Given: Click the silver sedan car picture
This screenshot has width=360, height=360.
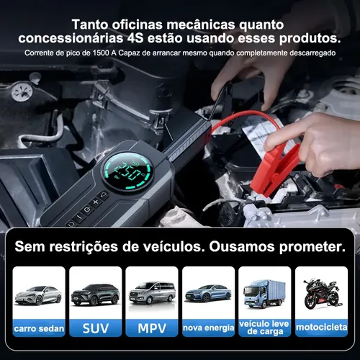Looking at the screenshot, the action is point(38,295).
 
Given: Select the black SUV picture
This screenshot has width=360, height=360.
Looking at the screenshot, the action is point(96,295).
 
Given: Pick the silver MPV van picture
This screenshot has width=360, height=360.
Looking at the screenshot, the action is point(152,293).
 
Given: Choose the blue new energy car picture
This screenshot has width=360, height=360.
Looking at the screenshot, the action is point(208,293).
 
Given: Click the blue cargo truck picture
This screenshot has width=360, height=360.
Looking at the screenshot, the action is point(264,293).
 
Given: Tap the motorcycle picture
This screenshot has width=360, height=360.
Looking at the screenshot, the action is point(321,294).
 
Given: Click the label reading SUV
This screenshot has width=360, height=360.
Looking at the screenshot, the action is point(96,328).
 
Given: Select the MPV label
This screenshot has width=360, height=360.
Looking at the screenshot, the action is point(152,328).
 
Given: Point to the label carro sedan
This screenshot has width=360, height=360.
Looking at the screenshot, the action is point(39,328).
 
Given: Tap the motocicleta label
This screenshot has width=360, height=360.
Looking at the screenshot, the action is point(321,328).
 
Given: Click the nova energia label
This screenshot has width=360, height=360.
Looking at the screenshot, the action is point(208,328).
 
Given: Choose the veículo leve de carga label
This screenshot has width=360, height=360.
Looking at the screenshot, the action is point(264,328).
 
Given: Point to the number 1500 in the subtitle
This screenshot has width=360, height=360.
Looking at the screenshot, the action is point(101,53).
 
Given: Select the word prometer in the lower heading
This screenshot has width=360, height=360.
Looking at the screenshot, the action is point(312,247).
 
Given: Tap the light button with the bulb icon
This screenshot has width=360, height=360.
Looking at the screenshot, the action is point(104,195).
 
